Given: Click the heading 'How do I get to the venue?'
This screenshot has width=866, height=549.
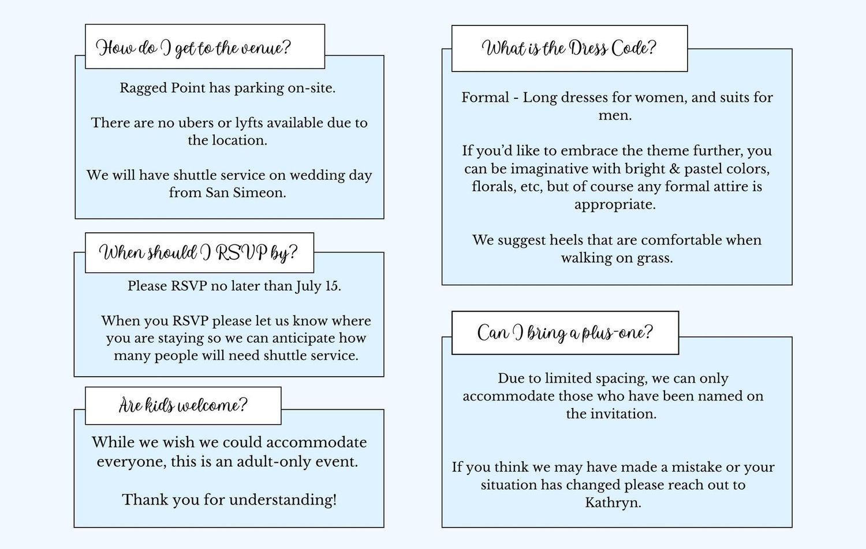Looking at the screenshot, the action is (x=193, y=48).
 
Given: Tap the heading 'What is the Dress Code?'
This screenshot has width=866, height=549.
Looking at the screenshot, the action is (x=569, y=49).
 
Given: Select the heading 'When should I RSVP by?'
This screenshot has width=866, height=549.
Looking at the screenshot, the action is (x=199, y=253).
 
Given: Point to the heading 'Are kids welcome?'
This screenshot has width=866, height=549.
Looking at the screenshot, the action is (x=183, y=405).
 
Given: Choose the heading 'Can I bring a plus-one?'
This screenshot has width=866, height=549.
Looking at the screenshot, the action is (x=565, y=332).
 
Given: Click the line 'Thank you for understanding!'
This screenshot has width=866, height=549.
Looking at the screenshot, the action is (x=229, y=500).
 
